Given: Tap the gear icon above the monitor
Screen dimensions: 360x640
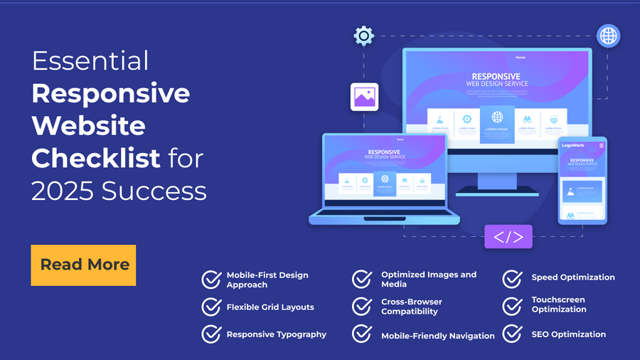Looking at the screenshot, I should pyautogui.click(x=363, y=36).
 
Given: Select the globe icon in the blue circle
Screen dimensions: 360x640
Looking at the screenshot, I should pyautogui.click(x=608, y=36).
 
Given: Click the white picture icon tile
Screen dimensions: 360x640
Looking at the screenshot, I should pyautogui.click(x=364, y=97).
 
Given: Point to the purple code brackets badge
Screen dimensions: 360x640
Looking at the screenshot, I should pyautogui.click(x=508, y=236).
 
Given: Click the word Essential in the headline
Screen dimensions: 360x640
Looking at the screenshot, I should pyautogui.click(x=90, y=62).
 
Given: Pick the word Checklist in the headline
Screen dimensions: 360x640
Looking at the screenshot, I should pyautogui.click(x=96, y=158).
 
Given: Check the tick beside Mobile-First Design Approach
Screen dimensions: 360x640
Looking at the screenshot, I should pyautogui.click(x=211, y=279).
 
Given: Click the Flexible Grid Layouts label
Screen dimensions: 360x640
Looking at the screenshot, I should pyautogui.click(x=270, y=307).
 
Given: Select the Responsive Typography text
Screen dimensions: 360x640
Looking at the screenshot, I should pyautogui.click(x=277, y=334).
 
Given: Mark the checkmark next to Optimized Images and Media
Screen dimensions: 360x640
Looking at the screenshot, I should pyautogui.click(x=362, y=279).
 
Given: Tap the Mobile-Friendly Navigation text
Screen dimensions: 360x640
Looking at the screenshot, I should pyautogui.click(x=438, y=336).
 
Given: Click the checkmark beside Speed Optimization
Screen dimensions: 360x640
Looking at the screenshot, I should pyautogui.click(x=513, y=278).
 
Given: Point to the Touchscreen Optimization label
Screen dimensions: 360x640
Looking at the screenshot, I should pyautogui.click(x=559, y=305).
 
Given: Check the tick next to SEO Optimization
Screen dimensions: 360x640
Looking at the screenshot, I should pyautogui.click(x=513, y=334).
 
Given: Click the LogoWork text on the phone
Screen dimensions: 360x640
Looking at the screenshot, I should pyautogui.click(x=572, y=145).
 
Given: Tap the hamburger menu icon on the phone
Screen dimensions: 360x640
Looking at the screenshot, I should pyautogui.click(x=602, y=145).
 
